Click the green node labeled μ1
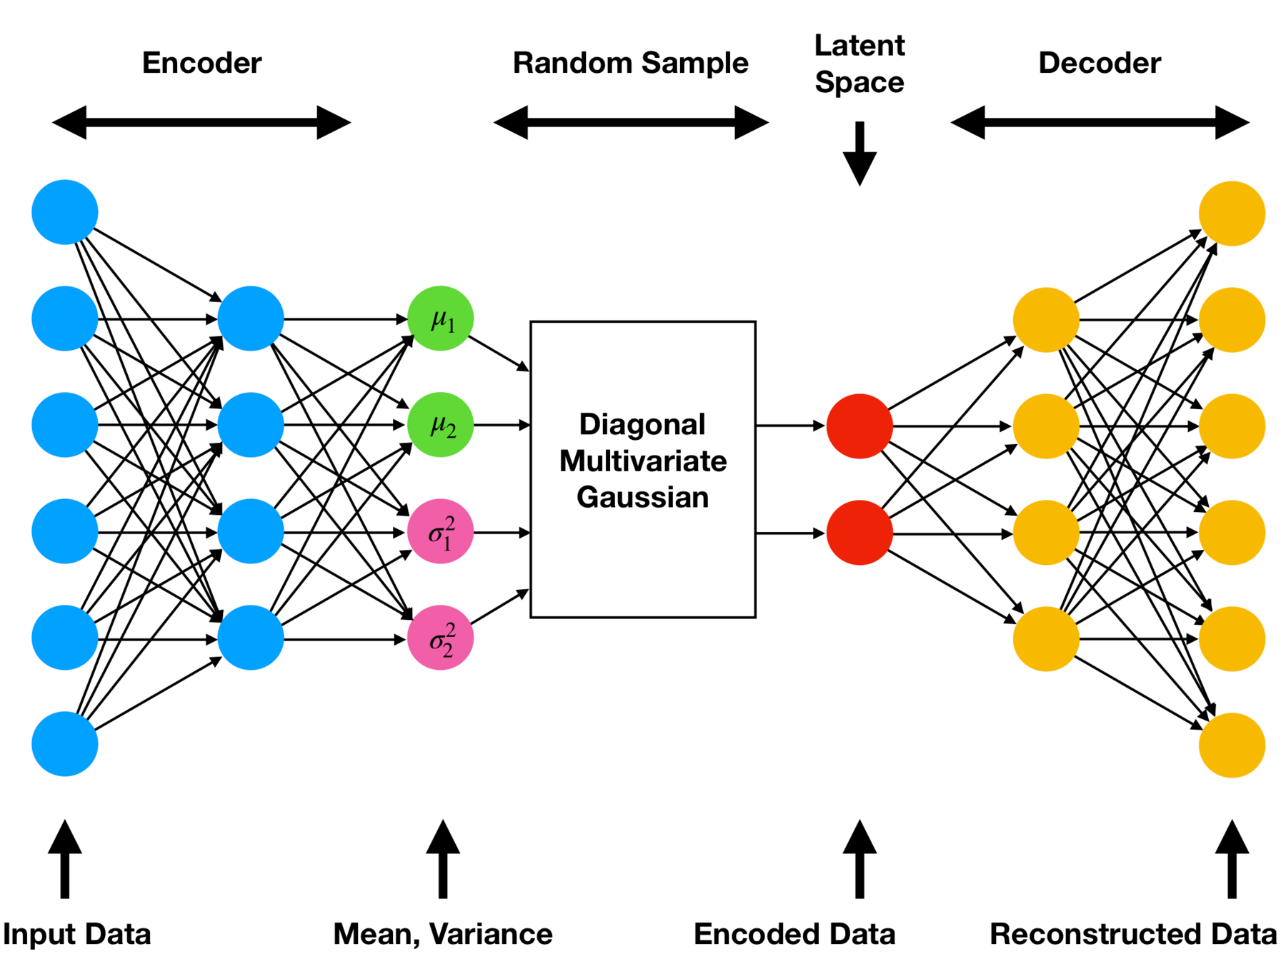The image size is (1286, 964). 440,318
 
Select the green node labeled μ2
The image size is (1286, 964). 440,425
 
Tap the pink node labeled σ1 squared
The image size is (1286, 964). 440,531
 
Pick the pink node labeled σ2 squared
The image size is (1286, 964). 440,638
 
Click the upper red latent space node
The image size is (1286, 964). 859,426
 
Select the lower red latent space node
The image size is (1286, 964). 859,533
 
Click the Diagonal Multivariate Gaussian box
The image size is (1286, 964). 643,469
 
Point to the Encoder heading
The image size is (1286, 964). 201,63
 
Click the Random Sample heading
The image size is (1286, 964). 630,63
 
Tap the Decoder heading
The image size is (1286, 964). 1100,63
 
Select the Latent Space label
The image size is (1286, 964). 859,64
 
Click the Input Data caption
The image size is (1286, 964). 77,934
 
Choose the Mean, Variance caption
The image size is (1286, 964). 443,934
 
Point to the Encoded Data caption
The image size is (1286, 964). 794,934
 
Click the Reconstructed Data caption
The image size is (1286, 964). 1133,934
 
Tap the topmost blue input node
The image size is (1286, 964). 65,212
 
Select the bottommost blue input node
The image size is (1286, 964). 65,743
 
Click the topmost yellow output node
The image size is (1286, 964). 1232,214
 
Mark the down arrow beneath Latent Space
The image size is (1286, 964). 859,154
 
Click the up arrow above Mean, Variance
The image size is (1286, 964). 443,858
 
